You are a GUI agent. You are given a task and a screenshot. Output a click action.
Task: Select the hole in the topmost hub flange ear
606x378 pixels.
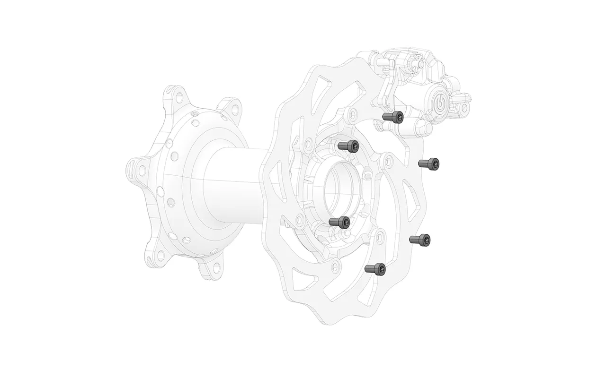(x=179, y=97)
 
